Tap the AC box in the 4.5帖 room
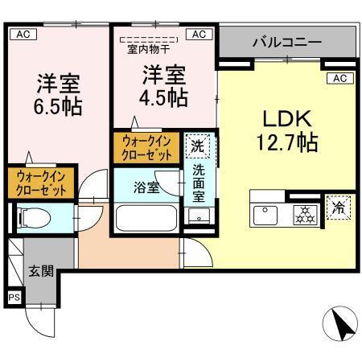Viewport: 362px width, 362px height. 199,34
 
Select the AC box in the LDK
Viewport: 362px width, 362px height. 339,78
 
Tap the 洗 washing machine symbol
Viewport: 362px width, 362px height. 197,146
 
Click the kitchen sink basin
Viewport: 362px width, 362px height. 265,214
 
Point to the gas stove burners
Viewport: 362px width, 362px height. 304,214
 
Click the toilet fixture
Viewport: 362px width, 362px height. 33,216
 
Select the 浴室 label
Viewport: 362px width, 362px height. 146,187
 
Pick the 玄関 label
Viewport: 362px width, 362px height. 39,271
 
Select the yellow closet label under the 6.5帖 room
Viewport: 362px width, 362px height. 40,182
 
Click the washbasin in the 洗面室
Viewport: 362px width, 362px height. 199,216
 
